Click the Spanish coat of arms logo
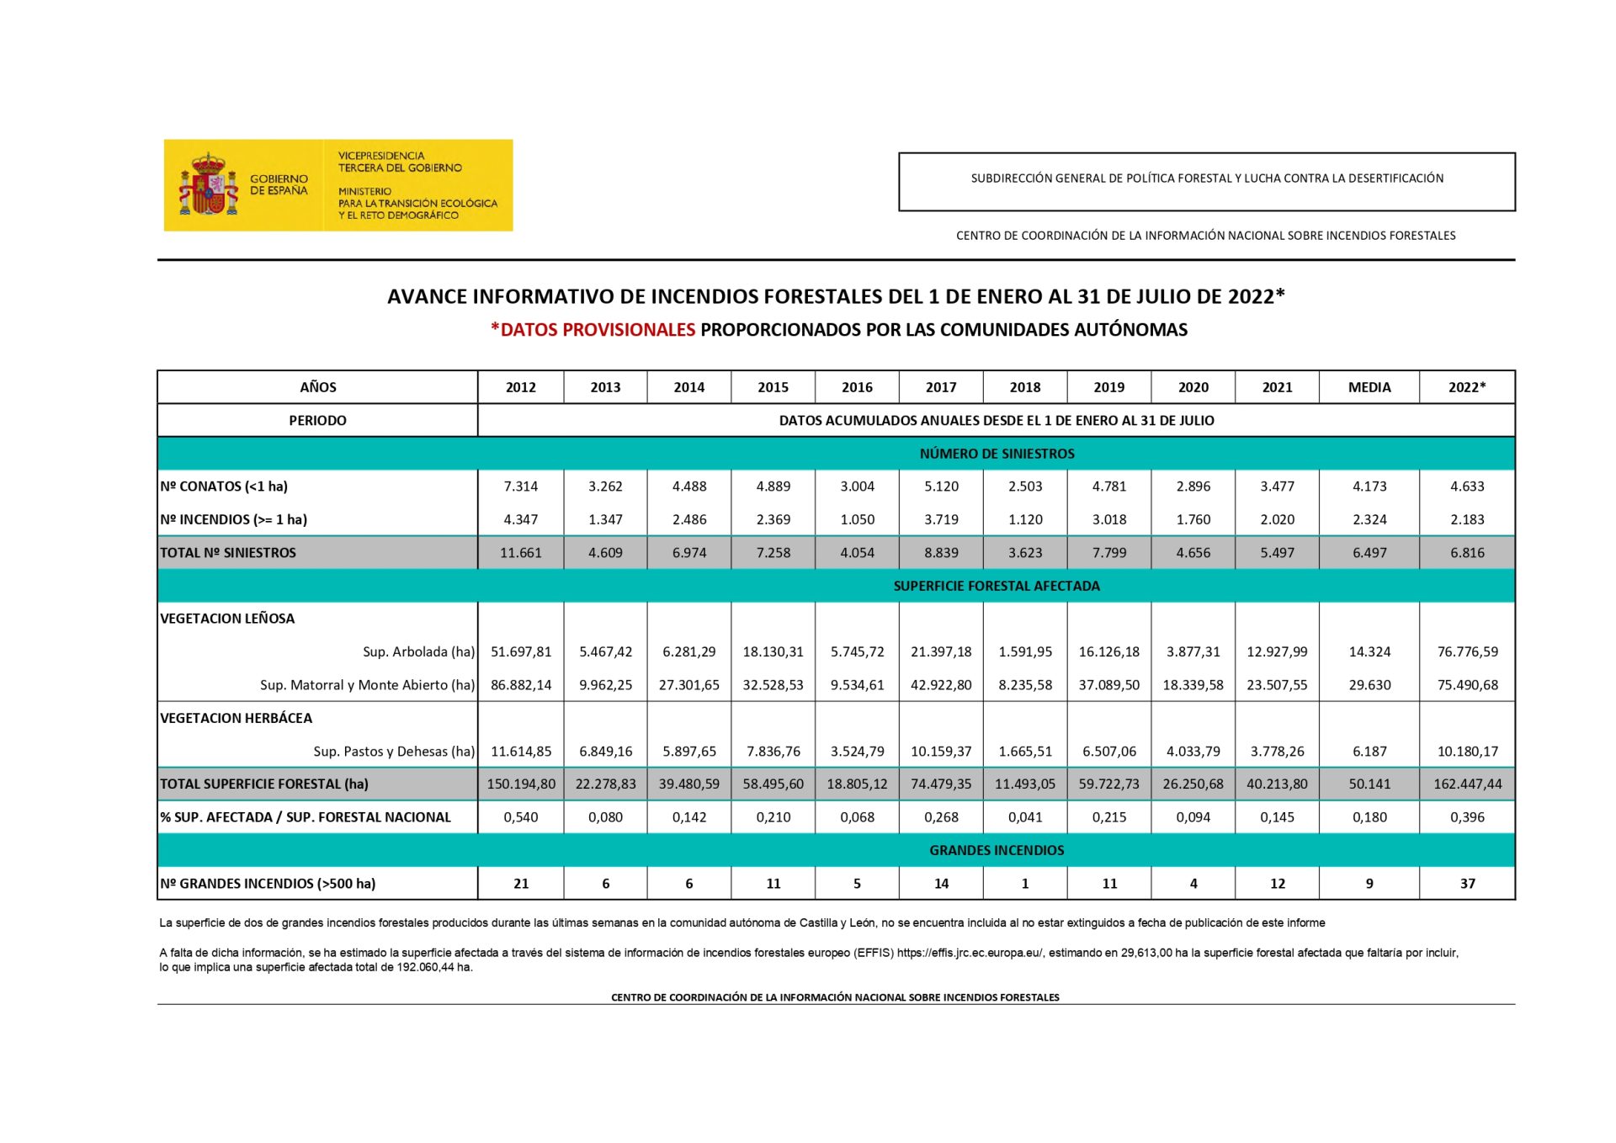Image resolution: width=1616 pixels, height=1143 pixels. tap(208, 185)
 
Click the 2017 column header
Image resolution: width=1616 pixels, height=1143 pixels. tap(940, 387)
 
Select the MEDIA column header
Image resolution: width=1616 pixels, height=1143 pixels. tap(1369, 387)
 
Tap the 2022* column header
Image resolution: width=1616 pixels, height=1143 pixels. tap(1466, 387)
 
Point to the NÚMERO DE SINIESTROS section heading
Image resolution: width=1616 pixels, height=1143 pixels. tap(997, 454)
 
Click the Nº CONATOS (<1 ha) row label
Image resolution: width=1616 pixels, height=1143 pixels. tap(224, 486)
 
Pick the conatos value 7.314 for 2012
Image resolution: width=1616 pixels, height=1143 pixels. tap(520, 486)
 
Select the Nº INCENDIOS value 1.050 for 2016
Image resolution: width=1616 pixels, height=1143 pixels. tap(857, 519)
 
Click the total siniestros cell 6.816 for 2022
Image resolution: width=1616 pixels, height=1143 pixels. tap(1466, 553)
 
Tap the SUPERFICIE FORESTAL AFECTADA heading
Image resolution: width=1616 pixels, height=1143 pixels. tap(997, 586)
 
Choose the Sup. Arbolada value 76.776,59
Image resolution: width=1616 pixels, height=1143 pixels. tap(1467, 651)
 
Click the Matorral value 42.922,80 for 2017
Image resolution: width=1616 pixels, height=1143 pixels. tap(940, 685)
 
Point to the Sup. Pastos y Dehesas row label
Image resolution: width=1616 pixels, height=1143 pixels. tap(393, 752)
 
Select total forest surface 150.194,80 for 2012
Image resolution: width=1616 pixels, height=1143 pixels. tap(521, 784)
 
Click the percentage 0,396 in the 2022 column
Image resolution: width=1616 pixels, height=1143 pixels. tap(1466, 817)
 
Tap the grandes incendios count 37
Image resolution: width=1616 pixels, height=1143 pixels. tap(1467, 884)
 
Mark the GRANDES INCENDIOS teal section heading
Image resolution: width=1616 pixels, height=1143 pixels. tap(997, 850)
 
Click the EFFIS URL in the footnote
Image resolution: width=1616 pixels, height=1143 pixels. tap(970, 953)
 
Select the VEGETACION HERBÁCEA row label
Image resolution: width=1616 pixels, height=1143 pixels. tap(236, 718)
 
